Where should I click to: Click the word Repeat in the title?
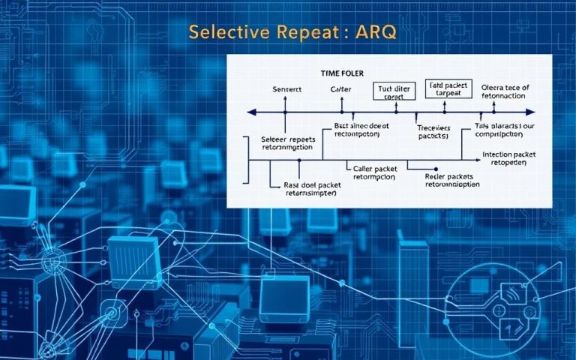pyautogui.click(x=299, y=33)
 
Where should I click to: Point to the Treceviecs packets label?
pyautogui.click(x=433, y=132)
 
